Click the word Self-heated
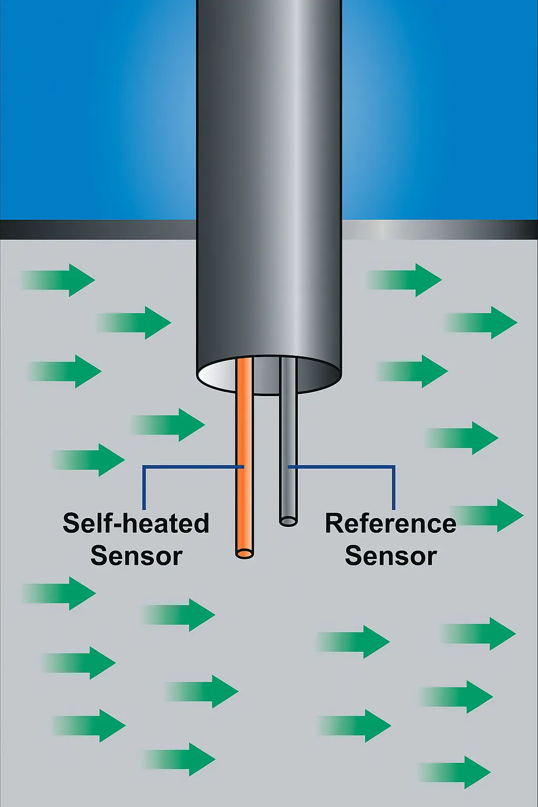click(x=136, y=523)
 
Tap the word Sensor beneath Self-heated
click(x=136, y=556)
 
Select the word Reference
click(x=390, y=523)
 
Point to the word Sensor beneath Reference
click(x=390, y=556)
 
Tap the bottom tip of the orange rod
click(x=244, y=553)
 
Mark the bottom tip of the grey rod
click(x=288, y=521)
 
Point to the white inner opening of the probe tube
click(x=218, y=374)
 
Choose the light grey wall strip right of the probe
click(x=436, y=230)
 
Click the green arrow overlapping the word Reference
click(x=489, y=515)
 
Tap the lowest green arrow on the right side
click(x=457, y=772)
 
